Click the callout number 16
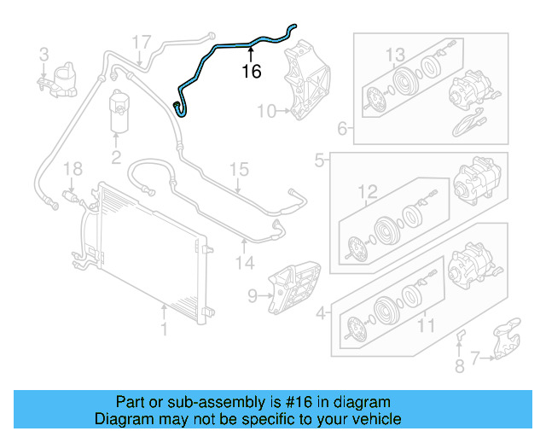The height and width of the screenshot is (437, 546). pyautogui.click(x=252, y=72)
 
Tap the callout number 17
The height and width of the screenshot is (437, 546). pyautogui.click(x=141, y=41)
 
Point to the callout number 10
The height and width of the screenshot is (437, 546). pyautogui.click(x=266, y=111)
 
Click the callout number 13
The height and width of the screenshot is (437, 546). pyautogui.click(x=395, y=55)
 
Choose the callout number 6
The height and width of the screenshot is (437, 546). pyautogui.click(x=342, y=130)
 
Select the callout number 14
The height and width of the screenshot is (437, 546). pyautogui.click(x=246, y=264)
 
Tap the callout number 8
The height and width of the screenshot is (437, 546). pyautogui.click(x=459, y=367)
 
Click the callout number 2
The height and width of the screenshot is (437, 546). pyautogui.click(x=115, y=156)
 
